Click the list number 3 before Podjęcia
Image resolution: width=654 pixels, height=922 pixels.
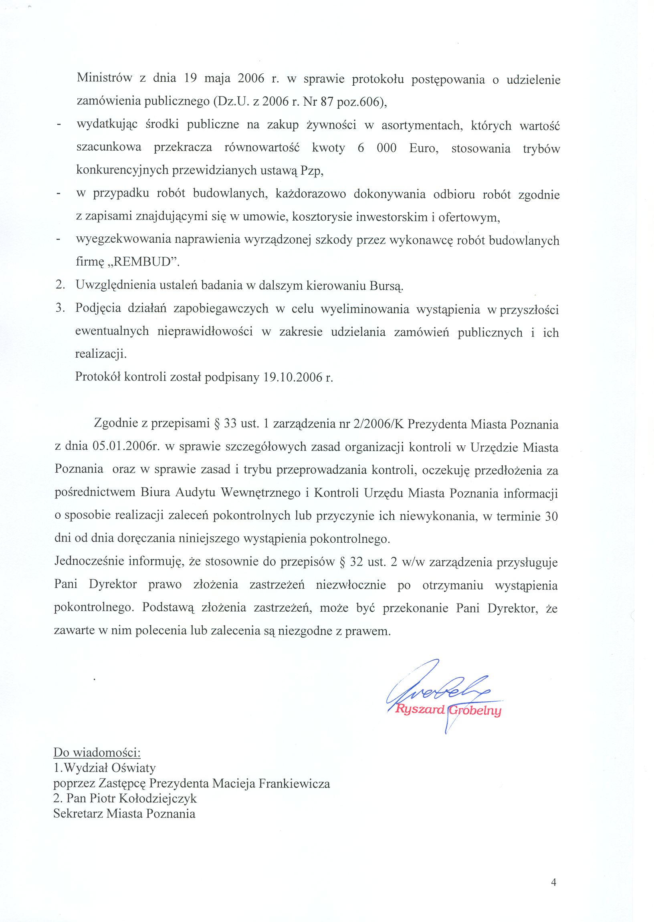pos(60,309)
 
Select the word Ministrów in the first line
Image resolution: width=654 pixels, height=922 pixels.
pos(104,79)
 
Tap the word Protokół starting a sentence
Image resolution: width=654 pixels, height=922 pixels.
pos(97,378)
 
